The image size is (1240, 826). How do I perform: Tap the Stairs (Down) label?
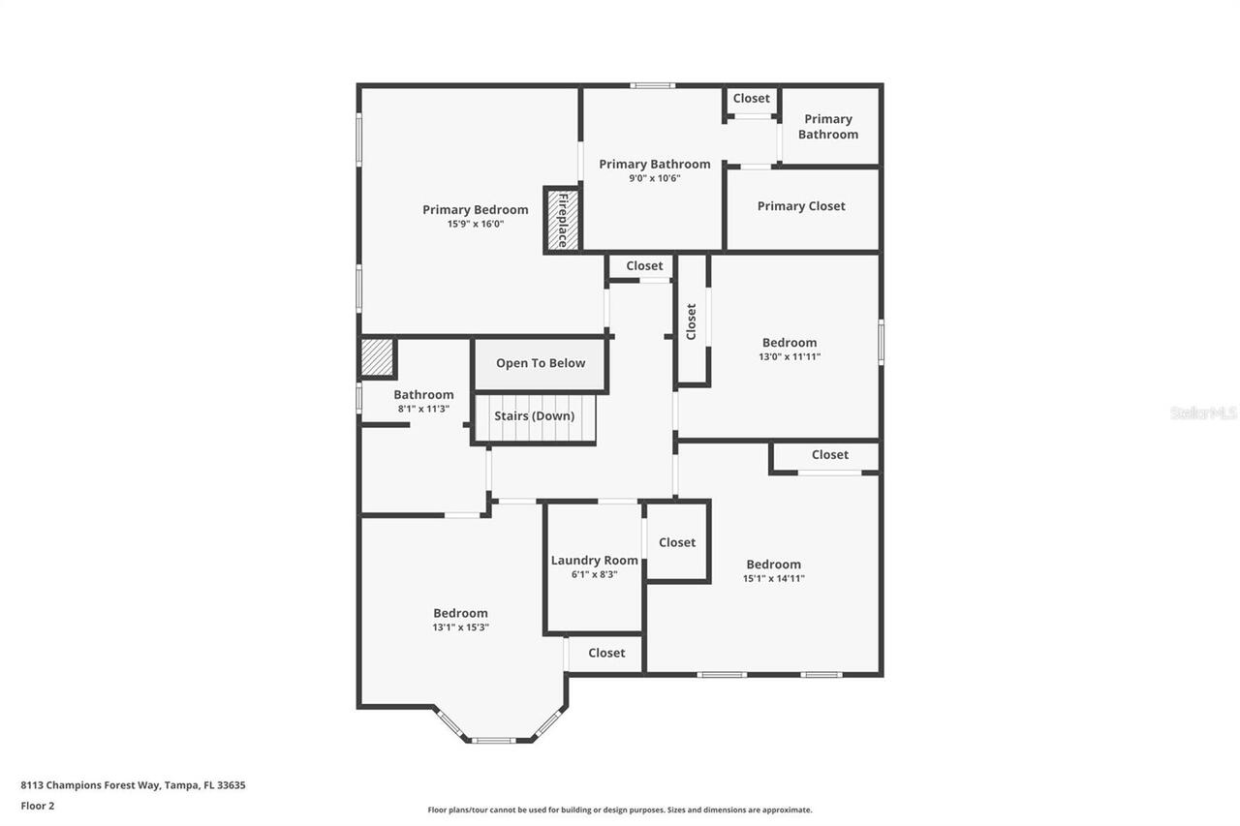point(534,416)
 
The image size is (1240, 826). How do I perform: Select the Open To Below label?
point(541,363)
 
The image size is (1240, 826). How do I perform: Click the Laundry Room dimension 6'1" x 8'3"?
point(594,574)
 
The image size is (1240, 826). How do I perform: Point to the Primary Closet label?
point(801,206)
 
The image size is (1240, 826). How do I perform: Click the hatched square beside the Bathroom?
point(377,357)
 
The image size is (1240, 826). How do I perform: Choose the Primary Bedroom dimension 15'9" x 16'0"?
point(475,224)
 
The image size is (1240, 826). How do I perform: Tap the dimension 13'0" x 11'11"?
point(790,356)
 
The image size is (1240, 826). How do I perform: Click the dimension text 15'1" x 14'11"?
point(773,579)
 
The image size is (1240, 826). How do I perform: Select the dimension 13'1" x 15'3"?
point(460,627)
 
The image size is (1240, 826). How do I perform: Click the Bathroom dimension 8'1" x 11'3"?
point(423,409)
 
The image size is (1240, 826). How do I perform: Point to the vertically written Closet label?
point(692,321)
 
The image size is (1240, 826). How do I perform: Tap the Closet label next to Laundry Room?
point(677,542)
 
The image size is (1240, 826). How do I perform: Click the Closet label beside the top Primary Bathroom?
point(751,99)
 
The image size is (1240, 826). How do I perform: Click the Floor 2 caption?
point(38,806)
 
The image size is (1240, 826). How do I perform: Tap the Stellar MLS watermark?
point(1203,413)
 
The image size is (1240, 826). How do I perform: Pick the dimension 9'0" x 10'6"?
point(654,178)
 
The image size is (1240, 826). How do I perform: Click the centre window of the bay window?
point(493,741)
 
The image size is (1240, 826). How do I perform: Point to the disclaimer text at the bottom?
point(620,810)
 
